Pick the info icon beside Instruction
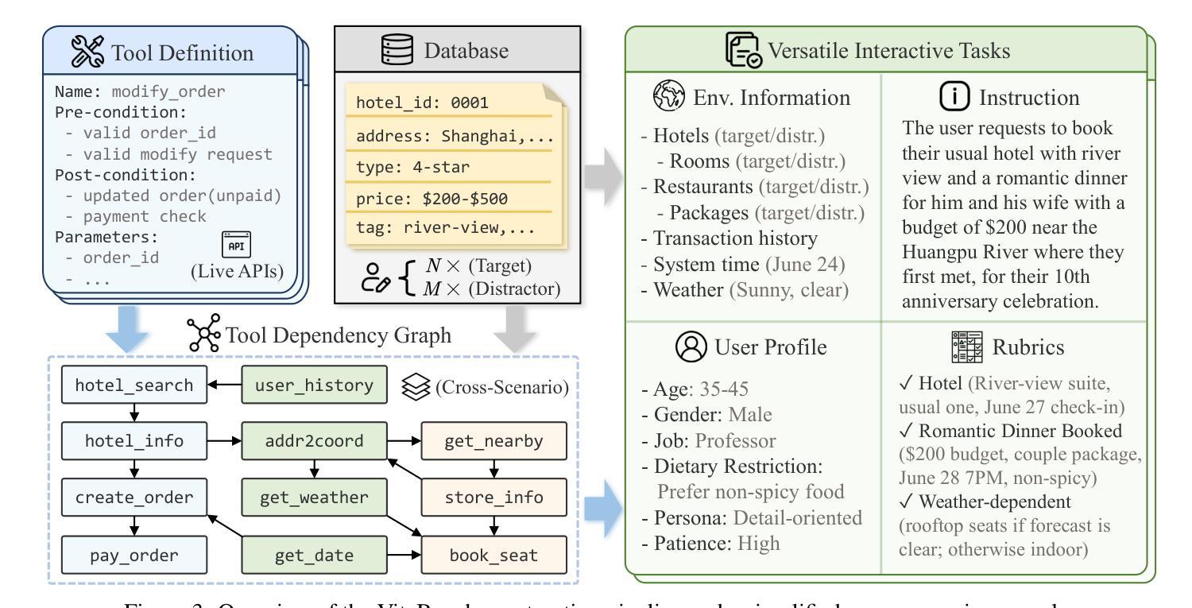tap(955, 98)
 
